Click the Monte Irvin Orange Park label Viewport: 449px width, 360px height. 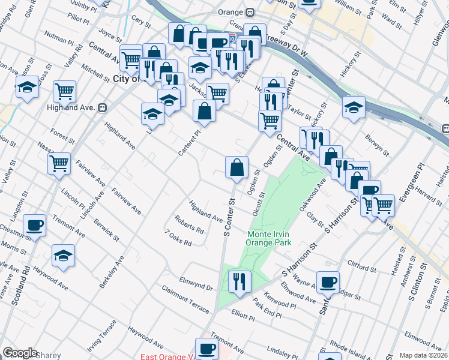pos(268,238)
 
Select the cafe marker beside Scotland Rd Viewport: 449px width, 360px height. pos(35,226)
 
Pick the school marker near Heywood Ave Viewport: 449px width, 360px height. pos(63,256)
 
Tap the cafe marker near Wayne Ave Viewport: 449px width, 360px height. pos(328,283)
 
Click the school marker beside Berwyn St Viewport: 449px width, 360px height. pos(354,108)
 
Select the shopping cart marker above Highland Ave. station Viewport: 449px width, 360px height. pos(64,92)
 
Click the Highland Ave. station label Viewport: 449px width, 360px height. pos(71,108)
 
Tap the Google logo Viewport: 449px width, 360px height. pos(20,353)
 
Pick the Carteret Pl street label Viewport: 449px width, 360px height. pos(188,144)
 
